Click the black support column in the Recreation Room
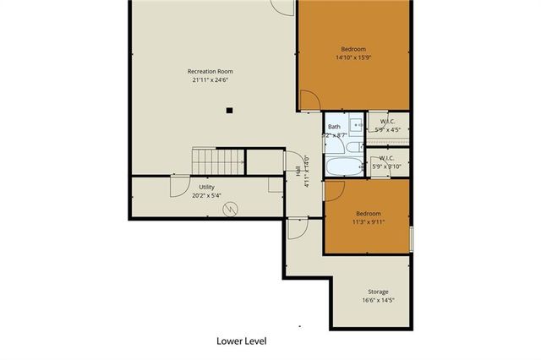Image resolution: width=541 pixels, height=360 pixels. pos(229,110)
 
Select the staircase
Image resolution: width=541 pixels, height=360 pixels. pos(218,160)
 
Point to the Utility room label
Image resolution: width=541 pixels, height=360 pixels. pos(206,187)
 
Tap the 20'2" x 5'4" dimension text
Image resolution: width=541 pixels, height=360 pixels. pos(206,195)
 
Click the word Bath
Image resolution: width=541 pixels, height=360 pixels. pos(334,127)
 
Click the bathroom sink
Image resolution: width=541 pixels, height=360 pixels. pos(358,124)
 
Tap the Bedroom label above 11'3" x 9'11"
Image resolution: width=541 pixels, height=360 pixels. pos(368,214)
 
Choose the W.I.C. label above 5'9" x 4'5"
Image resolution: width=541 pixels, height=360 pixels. pos(388,121)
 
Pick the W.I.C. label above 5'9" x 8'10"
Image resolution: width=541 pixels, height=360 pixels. pos(388,158)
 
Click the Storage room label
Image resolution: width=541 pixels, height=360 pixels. pos(378,292)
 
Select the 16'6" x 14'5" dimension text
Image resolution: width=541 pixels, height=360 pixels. pos(378,300)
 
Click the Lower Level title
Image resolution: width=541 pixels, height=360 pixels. pos(242,341)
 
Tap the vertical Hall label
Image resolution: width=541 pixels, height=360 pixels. pos(298,172)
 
